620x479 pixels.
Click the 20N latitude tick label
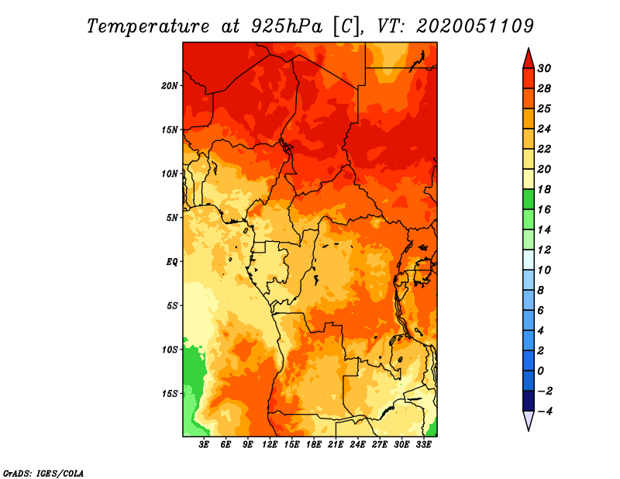coord(170,85)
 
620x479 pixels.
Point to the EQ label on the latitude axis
coord(172,261)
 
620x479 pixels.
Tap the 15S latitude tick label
coord(170,393)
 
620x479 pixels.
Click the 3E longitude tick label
coord(205,445)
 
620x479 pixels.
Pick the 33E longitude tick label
coord(423,445)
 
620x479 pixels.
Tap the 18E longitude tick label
coord(314,445)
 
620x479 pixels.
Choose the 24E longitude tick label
coord(358,445)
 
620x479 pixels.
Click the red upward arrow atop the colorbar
coord(529,58)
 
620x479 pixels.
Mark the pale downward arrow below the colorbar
coord(529,420)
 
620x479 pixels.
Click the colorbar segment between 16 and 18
coord(529,199)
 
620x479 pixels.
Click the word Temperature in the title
coord(146,26)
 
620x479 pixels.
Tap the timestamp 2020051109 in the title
coord(475,26)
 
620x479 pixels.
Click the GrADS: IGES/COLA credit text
coord(43,472)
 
